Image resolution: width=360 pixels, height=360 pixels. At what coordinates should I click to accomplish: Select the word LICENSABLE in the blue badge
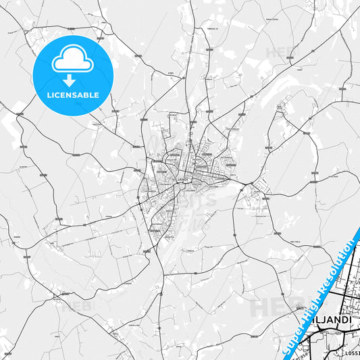tap(72, 95)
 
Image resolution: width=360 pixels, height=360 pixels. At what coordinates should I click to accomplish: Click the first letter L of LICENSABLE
tap(48, 95)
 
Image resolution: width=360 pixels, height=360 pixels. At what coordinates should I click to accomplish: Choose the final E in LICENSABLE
tap(97, 95)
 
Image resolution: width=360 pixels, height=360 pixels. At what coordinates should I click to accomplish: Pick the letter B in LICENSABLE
tap(86, 95)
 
